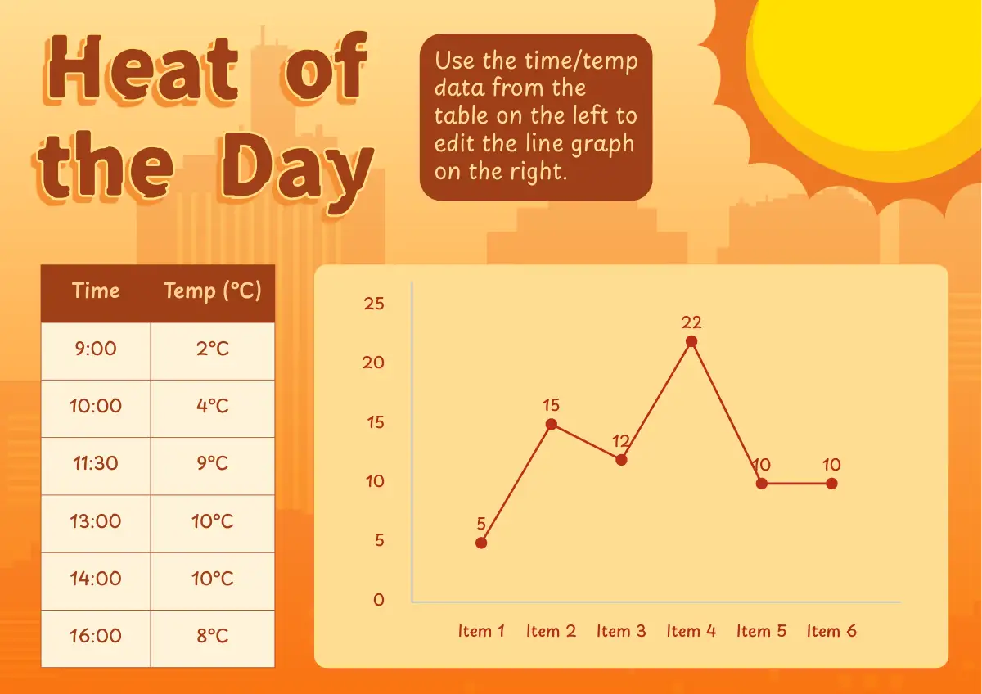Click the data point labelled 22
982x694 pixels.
691,341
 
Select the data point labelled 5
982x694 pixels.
481,543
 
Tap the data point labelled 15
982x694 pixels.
551,424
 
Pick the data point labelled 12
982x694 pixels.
621,460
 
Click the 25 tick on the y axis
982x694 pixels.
373,304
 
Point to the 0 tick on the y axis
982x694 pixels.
379,599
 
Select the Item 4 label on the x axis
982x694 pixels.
691,631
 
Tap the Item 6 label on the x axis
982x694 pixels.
831,631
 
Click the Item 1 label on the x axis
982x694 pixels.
481,631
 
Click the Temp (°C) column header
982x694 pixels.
213,291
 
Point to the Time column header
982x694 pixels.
96,291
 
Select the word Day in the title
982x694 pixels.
297,171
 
